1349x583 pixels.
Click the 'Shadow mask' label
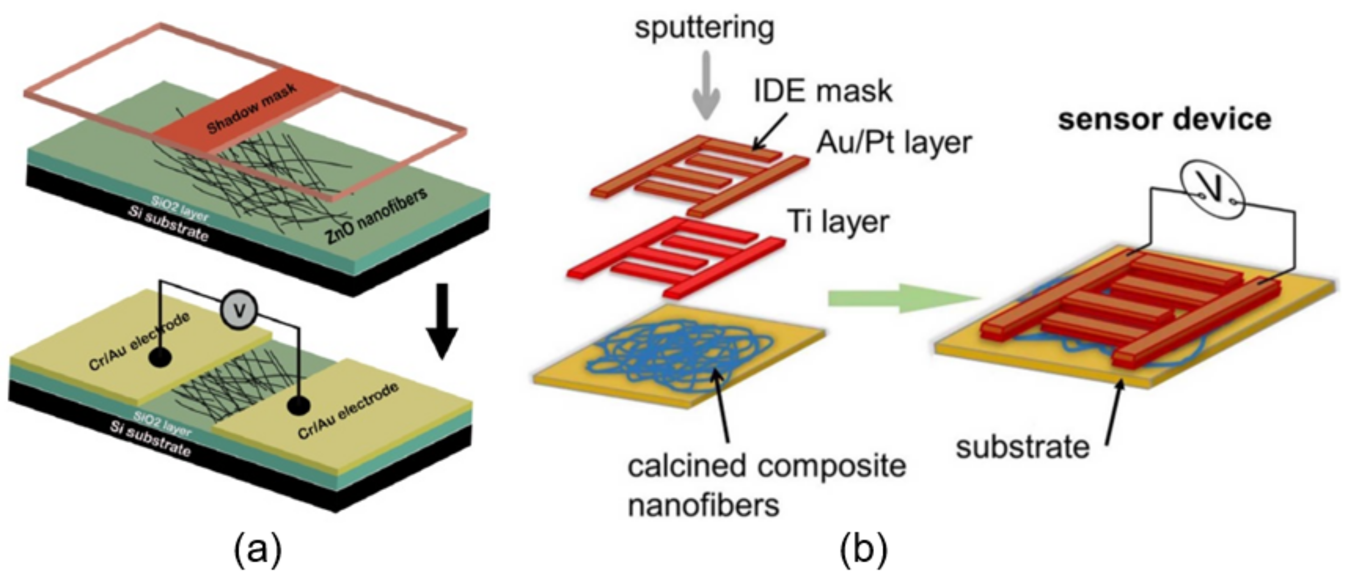tap(251, 108)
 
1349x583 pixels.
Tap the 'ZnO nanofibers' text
tap(376, 216)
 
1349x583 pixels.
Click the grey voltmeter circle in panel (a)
tap(239, 310)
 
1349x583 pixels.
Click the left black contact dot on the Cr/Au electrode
tap(160, 358)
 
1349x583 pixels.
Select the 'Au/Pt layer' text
tap(894, 142)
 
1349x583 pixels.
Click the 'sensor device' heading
tap(1164, 119)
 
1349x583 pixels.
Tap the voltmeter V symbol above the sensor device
tap(1213, 190)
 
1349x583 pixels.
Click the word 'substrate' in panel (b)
tap(1022, 448)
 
